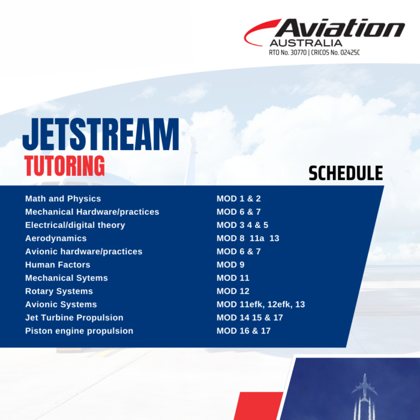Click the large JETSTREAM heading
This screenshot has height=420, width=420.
click(x=101, y=134)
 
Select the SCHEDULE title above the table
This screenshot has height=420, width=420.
click(x=345, y=173)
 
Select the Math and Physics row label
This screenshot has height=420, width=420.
click(x=63, y=199)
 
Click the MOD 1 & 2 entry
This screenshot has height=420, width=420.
click(x=238, y=199)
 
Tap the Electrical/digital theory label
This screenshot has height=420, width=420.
click(x=75, y=225)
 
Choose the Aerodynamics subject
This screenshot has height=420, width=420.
click(x=56, y=238)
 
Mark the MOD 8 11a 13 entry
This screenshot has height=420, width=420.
click(x=248, y=238)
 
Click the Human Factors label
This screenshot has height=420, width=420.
click(x=58, y=265)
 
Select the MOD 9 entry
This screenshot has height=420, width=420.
click(x=230, y=265)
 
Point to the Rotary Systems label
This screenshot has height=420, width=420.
click(x=59, y=291)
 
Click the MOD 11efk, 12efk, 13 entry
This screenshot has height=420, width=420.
click(x=260, y=304)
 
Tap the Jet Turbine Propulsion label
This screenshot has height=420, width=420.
click(x=74, y=317)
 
